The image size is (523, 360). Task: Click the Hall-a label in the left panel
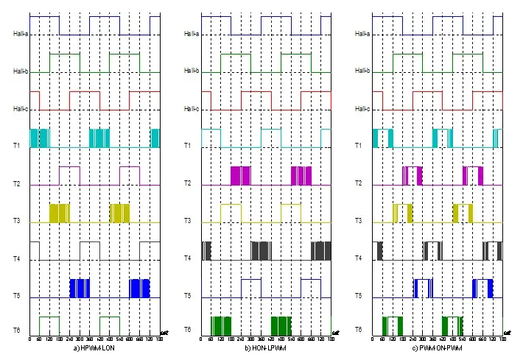click(x=19, y=34)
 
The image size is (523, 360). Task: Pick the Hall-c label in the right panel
click(x=362, y=109)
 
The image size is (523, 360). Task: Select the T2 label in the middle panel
click(x=188, y=183)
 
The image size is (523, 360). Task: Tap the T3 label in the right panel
click(x=359, y=221)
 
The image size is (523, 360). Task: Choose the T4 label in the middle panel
click(x=188, y=258)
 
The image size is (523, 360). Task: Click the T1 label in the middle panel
click(x=188, y=146)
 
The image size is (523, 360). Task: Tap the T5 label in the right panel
click(x=359, y=295)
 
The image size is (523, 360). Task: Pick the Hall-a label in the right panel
click(x=362, y=34)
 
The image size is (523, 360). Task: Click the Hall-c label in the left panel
click(x=19, y=109)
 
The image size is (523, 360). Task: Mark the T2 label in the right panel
click(x=359, y=183)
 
